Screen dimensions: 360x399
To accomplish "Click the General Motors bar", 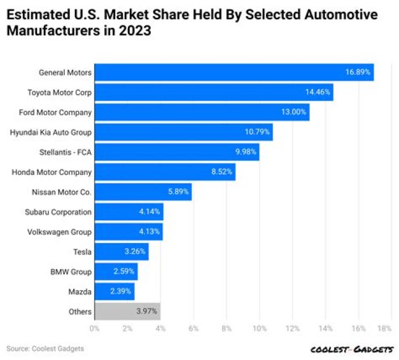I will [233, 73].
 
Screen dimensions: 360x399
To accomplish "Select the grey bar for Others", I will [127, 311].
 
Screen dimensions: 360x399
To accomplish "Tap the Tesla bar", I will [121, 251].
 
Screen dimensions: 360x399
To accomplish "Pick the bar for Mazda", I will [114, 291].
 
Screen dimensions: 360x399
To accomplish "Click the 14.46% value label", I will [317, 92].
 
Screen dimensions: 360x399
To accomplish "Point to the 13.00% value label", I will [293, 112].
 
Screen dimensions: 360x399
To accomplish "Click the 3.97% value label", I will [146, 311].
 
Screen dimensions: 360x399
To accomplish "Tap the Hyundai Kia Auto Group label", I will [50, 132].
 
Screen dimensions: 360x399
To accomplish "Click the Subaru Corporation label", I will [58, 212].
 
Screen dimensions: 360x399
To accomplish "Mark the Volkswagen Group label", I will [59, 232].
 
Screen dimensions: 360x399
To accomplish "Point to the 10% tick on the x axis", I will [259, 328].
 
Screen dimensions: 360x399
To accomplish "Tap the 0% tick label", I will [95, 328].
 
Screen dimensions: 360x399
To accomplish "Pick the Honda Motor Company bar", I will [165, 172].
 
